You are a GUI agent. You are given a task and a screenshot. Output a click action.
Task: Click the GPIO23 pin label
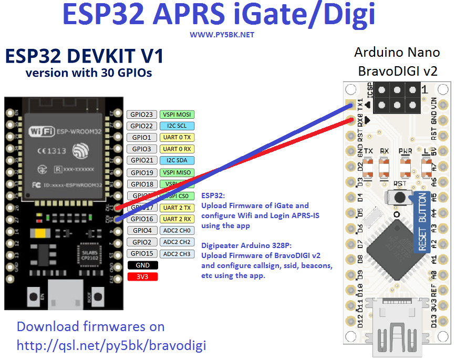pos(142,115)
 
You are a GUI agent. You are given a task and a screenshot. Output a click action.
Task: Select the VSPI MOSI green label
pos(177,115)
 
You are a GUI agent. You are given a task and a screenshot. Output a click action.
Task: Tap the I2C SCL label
pos(177,126)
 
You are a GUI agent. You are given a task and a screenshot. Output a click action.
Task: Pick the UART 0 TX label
pos(177,138)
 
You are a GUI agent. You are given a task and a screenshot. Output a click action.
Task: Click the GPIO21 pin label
pos(142,160)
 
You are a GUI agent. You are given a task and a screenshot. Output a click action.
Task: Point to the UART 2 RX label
pos(177,219)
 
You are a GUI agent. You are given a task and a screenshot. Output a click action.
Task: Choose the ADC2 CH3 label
pos(177,254)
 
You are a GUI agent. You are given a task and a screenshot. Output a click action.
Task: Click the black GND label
pos(142,265)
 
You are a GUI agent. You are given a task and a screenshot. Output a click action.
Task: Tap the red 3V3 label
pos(142,276)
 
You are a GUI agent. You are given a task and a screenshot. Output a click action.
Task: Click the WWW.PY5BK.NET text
pos(222,35)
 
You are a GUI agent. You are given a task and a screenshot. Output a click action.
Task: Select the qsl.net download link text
pos(111,345)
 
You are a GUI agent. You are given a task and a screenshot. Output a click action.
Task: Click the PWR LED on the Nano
pos(405,167)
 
